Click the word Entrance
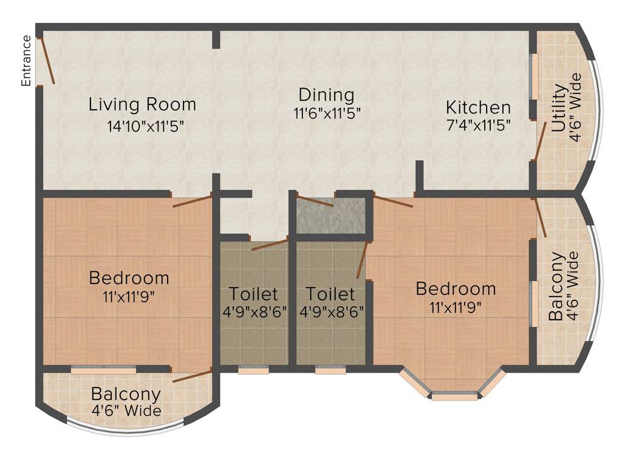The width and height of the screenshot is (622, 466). point(26,60)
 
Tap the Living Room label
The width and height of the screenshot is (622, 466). point(142,104)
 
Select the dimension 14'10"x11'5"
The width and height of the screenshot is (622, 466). point(144,127)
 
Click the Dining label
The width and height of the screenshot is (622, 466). point(326,95)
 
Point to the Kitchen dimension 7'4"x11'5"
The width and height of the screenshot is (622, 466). point(478,126)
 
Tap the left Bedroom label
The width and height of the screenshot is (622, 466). point(129,279)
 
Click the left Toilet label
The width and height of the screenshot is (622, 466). point(253,294)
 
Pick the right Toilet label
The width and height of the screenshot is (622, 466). point(330,294)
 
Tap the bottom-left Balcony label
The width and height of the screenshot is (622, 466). point(126,394)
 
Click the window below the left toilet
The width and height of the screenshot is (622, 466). point(253,370)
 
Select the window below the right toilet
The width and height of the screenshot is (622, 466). point(330,370)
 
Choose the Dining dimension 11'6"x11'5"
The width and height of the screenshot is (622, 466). point(326,113)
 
